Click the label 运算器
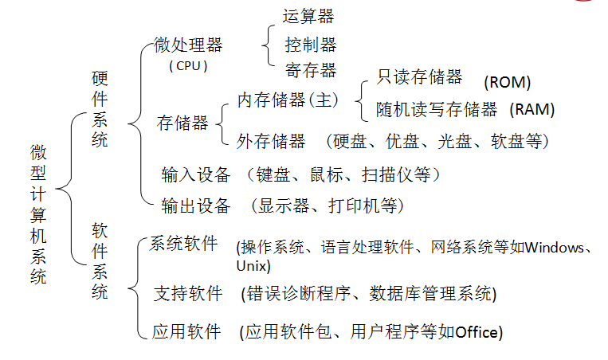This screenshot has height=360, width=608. (x=308, y=17)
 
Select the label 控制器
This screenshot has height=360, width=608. (x=311, y=45)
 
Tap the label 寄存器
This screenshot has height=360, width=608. (x=311, y=71)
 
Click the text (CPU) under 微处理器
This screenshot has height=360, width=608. (x=188, y=66)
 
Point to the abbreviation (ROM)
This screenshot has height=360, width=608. (x=507, y=83)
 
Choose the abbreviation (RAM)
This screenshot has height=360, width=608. (x=532, y=110)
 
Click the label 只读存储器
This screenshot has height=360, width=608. (x=419, y=76)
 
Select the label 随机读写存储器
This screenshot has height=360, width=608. (x=437, y=110)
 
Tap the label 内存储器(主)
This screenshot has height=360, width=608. (x=288, y=100)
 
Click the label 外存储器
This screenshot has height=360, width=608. (x=271, y=141)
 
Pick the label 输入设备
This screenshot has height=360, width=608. (x=196, y=174)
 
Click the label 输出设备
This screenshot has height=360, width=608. (x=196, y=205)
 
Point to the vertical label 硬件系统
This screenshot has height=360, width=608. (x=100, y=109)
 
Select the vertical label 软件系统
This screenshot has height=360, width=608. (x=100, y=261)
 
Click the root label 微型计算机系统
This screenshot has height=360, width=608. (x=38, y=214)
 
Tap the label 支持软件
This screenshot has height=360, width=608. (x=188, y=293)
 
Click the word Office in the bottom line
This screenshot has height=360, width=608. (x=477, y=332)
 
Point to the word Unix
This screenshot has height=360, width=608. (x=251, y=266)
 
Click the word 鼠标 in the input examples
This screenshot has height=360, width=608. (x=327, y=174)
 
